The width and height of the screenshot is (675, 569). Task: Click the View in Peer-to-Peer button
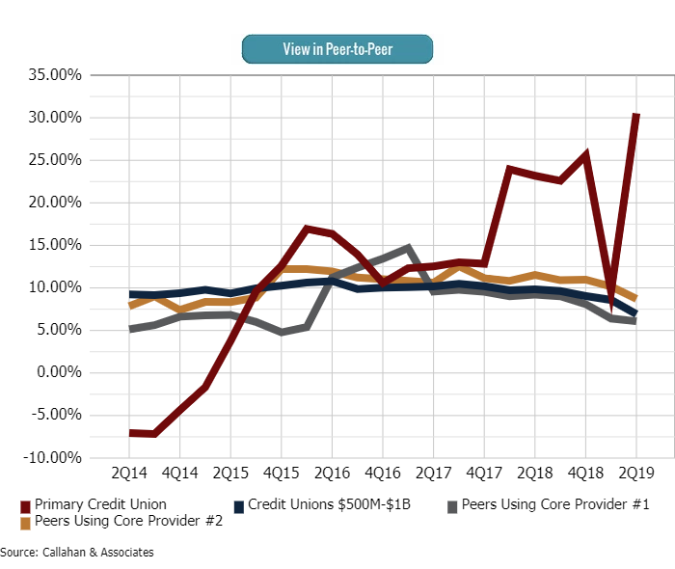click(x=337, y=48)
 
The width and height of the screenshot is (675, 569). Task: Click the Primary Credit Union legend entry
click(x=100, y=504)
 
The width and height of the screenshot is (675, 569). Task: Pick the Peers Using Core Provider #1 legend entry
click(x=551, y=504)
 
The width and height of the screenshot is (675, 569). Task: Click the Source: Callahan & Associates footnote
click(x=77, y=553)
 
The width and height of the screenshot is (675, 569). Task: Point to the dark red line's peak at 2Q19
click(x=636, y=115)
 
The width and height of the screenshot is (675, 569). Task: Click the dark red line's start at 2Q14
click(x=130, y=433)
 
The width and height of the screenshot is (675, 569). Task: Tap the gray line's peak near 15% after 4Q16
click(x=408, y=248)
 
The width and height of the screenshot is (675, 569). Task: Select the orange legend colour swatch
click(x=25, y=522)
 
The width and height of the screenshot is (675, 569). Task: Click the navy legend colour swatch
click(x=239, y=504)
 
